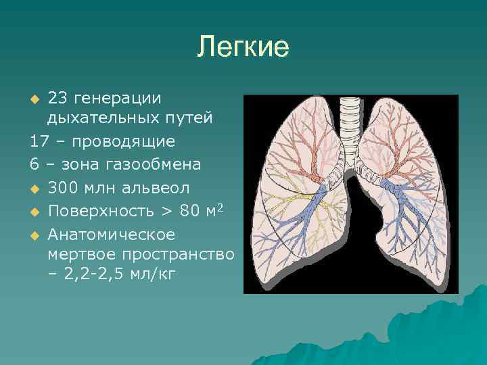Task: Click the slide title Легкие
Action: [x=243, y=47]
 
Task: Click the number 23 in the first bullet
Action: [x=57, y=97]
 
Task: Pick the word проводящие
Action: [x=124, y=141]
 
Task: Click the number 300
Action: [x=62, y=187]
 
